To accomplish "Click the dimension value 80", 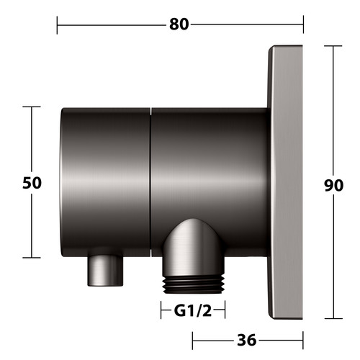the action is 179,24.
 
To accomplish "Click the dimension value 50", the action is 32,183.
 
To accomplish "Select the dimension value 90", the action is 333,185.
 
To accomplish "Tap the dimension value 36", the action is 247,340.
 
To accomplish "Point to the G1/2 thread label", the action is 193,311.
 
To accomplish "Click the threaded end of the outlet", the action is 194,284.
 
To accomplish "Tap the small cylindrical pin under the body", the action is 105,271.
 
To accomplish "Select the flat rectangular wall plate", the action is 285,182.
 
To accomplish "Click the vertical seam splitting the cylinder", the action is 150,182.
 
